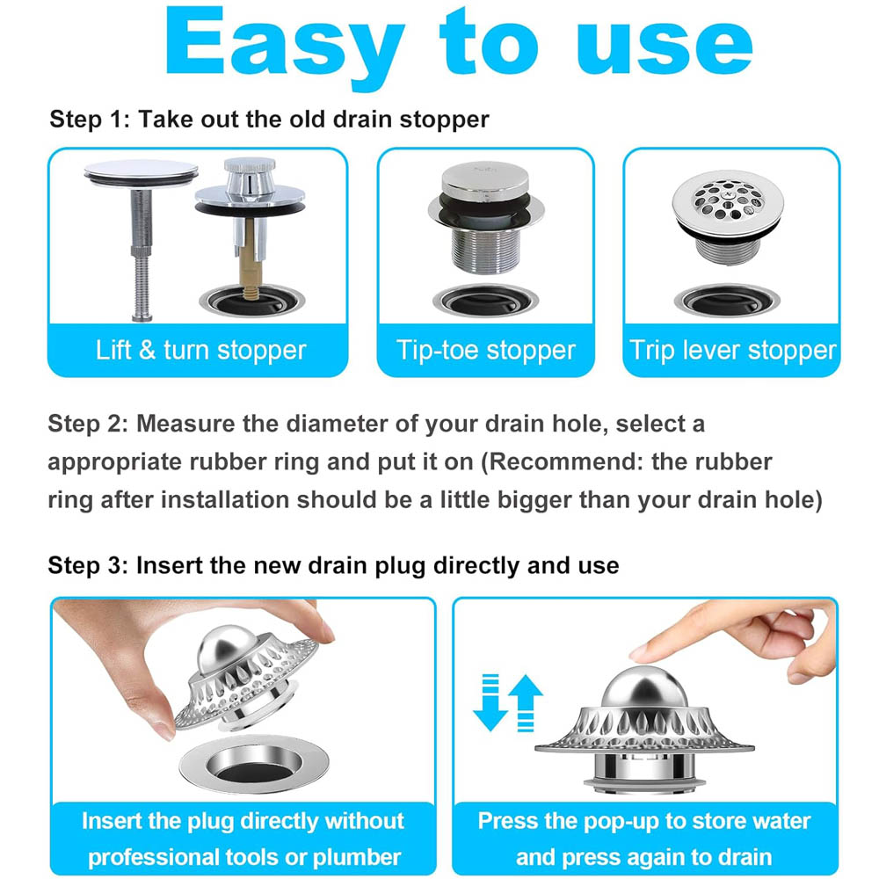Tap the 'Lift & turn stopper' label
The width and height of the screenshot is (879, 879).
click(x=200, y=351)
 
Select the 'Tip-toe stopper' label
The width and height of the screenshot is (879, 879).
click(x=485, y=351)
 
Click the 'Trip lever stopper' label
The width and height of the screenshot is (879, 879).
click(x=732, y=351)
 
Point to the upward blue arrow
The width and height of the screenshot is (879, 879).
click(x=526, y=703)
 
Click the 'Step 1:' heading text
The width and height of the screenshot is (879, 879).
click(x=90, y=120)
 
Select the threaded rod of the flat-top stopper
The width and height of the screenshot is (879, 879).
click(x=142, y=255)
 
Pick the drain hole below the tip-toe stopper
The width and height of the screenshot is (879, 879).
click(x=485, y=301)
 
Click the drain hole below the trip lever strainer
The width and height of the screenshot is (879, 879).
click(x=727, y=301)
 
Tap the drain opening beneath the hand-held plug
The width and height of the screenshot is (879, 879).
click(x=255, y=766)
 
